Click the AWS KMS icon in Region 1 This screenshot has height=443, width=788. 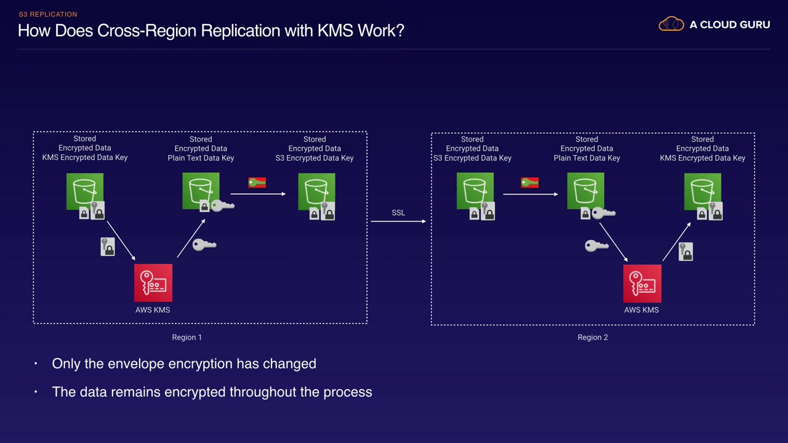tap(153, 283)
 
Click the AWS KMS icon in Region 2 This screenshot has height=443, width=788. tap(642, 283)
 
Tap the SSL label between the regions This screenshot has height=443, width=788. tap(398, 213)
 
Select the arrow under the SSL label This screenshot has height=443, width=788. tap(398, 221)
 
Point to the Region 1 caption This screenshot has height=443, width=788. tap(187, 337)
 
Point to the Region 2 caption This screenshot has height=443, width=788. tap(592, 337)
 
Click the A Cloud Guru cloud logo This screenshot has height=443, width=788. tap(671, 25)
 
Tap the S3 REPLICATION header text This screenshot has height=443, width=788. tap(48, 14)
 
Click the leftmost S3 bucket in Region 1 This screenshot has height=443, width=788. tap(85, 191)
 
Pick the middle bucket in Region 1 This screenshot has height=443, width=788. tap(201, 191)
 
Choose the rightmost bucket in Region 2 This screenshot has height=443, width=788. tap(702, 191)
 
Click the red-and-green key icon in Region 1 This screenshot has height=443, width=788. tap(257, 183)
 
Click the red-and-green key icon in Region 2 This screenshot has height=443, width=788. tap(529, 183)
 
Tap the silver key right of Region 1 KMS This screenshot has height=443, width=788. tap(204, 245)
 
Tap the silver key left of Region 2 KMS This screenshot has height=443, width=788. tap(596, 246)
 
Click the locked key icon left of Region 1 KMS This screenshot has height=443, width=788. tap(108, 247)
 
